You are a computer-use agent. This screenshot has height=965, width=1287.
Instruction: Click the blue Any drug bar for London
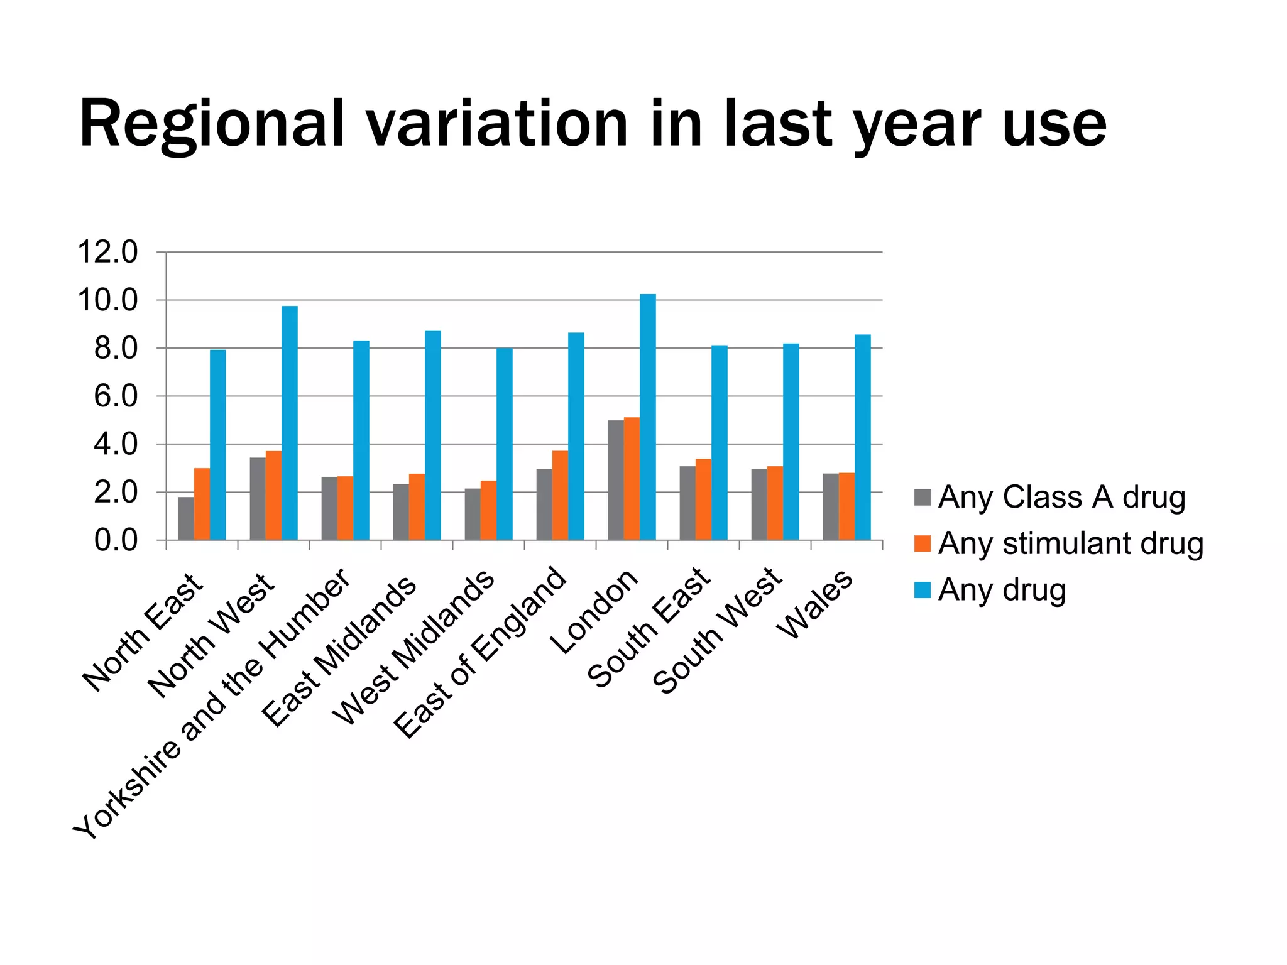pyautogui.click(x=647, y=417)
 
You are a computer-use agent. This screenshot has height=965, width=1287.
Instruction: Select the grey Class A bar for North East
pyautogui.click(x=186, y=518)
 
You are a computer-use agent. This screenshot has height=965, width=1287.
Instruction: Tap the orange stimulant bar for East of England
pyautogui.click(x=560, y=495)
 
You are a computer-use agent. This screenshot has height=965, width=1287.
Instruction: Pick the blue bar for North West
pyautogui.click(x=290, y=423)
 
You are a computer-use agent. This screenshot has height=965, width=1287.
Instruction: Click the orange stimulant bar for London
pyautogui.click(x=632, y=479)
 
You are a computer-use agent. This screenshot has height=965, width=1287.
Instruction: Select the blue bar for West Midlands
pyautogui.click(x=505, y=444)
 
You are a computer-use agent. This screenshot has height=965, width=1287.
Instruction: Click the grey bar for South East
pyautogui.click(x=687, y=503)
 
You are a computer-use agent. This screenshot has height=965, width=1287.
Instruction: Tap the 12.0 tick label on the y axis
pyautogui.click(x=107, y=253)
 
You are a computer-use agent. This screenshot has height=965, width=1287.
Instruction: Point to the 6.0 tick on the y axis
pyautogui.click(x=116, y=396)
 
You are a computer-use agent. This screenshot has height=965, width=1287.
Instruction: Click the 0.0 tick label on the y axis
pyautogui.click(x=116, y=540)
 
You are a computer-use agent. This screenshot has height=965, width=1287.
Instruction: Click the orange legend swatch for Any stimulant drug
pyautogui.click(x=922, y=543)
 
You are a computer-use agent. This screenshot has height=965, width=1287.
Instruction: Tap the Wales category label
pyautogui.click(x=815, y=604)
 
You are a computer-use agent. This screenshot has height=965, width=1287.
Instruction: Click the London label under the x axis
pyautogui.click(x=594, y=612)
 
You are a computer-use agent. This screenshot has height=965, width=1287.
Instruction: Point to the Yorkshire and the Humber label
pyautogui.click(x=212, y=704)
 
